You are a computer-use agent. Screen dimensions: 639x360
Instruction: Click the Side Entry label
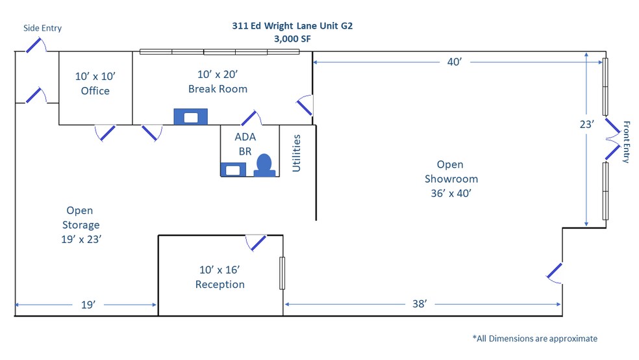tap(42, 28)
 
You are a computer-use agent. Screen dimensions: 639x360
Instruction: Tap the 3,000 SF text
tap(292, 39)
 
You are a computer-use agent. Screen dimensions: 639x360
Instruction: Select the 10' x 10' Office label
tap(95, 84)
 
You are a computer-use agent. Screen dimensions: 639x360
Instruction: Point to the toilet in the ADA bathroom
tap(264, 165)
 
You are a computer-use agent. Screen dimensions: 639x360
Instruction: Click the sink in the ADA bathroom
tap(233, 170)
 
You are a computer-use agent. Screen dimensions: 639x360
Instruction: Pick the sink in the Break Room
tap(191, 117)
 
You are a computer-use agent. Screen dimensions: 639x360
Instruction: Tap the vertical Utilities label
tap(296, 153)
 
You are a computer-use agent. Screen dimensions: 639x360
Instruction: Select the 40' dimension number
tap(455, 62)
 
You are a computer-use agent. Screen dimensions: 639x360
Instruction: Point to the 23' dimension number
tap(587, 124)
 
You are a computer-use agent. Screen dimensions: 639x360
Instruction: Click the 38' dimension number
tap(420, 303)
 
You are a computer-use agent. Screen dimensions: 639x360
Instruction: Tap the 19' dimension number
tap(88, 305)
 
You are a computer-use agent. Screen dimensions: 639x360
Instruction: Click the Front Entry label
tap(627, 142)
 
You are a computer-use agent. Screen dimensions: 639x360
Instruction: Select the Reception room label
tap(220, 277)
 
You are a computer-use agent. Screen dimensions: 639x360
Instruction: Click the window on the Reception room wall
tap(282, 273)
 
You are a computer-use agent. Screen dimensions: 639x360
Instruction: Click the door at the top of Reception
tap(257, 242)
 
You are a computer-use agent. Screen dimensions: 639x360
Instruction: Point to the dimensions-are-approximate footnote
tap(535, 339)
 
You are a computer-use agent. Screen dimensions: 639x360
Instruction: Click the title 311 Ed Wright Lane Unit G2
tap(292, 26)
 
